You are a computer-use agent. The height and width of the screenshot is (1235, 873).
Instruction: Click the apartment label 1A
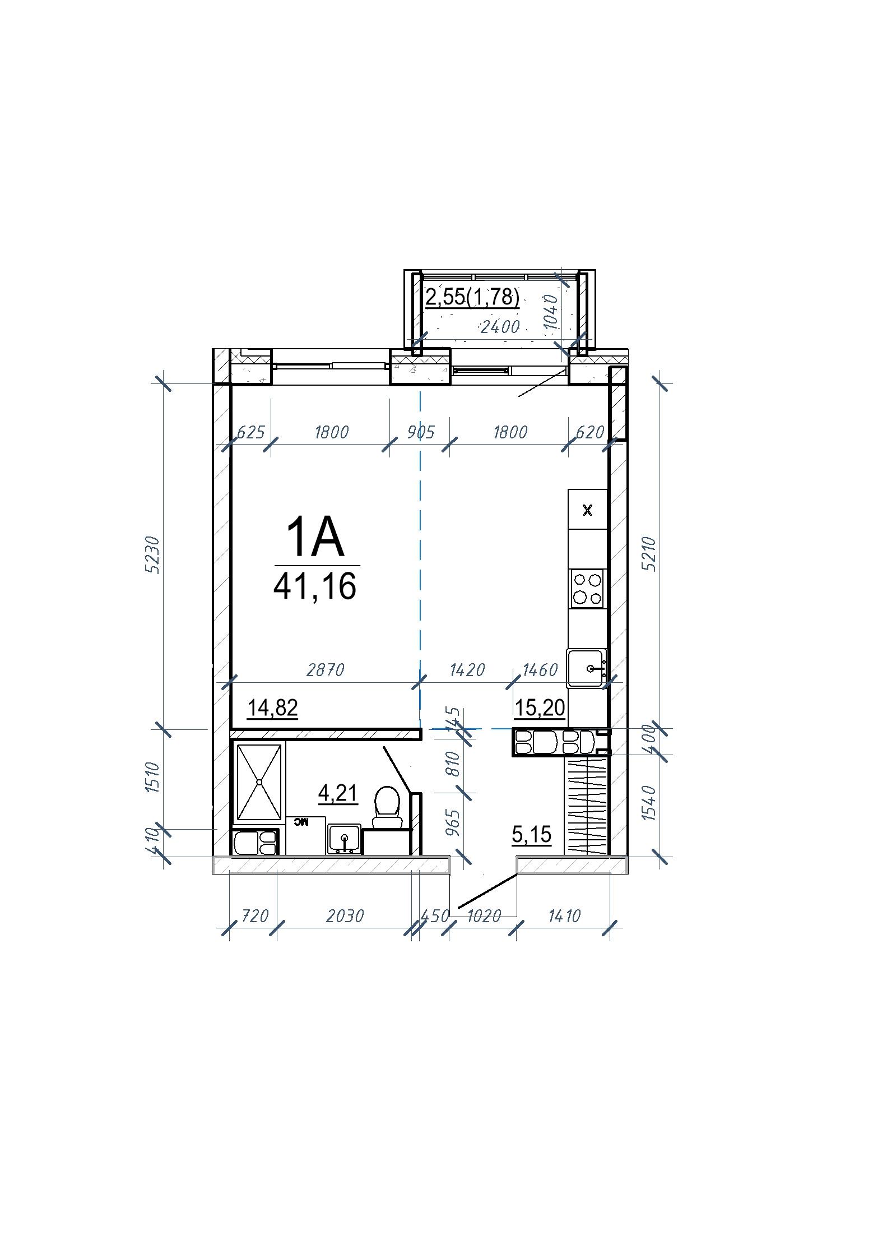(x=315, y=536)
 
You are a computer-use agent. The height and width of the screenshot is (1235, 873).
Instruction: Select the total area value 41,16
(x=315, y=586)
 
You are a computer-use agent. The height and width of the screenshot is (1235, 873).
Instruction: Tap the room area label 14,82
(x=273, y=708)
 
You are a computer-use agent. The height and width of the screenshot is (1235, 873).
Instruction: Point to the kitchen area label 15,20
(x=540, y=708)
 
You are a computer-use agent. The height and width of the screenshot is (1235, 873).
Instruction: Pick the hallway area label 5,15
(x=532, y=834)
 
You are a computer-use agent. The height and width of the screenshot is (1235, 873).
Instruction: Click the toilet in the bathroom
(x=387, y=808)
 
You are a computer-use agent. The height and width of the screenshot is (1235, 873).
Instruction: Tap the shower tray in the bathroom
(x=259, y=782)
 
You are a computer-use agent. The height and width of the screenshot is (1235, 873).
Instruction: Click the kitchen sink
(x=587, y=668)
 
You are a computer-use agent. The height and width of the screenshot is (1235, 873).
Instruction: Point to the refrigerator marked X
(x=588, y=510)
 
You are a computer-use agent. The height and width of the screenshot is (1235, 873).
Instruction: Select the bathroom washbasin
(x=344, y=839)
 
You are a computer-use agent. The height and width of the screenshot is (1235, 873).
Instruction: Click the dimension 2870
(x=326, y=670)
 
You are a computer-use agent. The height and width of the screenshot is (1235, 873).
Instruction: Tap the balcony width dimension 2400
(x=500, y=327)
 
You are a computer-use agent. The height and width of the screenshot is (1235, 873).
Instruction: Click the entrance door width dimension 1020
(x=484, y=917)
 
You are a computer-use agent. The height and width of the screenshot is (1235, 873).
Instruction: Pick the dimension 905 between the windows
(x=421, y=432)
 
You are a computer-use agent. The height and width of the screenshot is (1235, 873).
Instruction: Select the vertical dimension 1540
(x=648, y=803)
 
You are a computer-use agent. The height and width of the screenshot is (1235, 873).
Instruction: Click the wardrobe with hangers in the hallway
(x=586, y=806)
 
